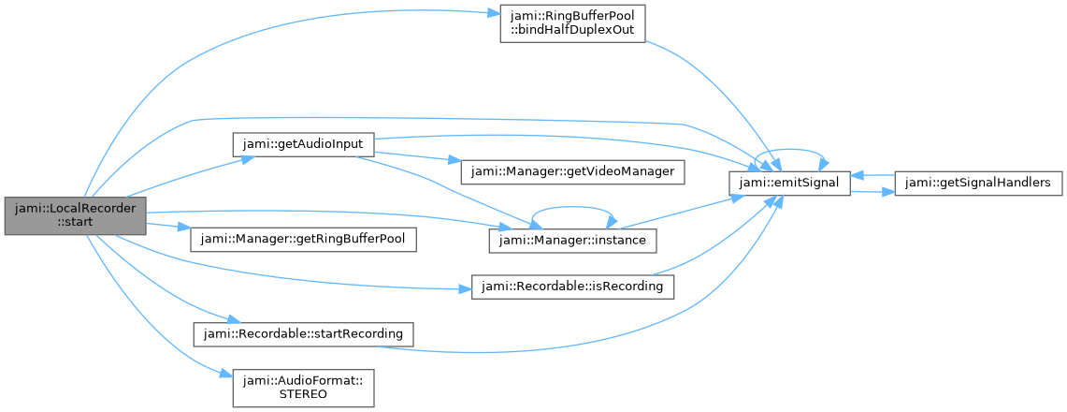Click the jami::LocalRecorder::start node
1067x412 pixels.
click(x=75, y=216)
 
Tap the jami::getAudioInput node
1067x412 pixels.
click(x=303, y=145)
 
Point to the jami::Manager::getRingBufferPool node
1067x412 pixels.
click(x=303, y=239)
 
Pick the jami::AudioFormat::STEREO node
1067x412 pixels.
click(x=303, y=387)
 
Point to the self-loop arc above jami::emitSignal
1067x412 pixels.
click(x=790, y=153)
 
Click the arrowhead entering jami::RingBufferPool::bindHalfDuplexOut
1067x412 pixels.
click(x=495, y=14)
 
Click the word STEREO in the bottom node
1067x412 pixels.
click(x=304, y=394)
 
